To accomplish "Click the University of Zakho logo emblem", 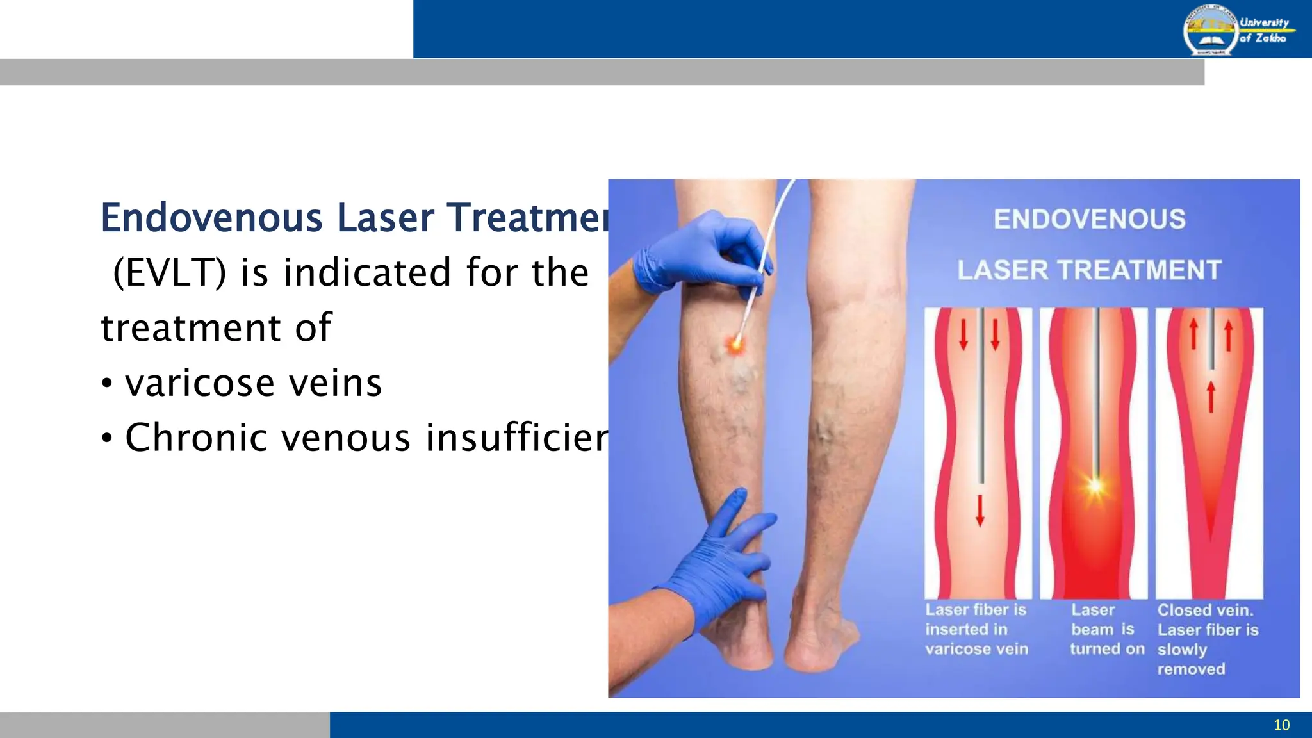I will click(1209, 31).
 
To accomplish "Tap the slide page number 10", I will click(1281, 725).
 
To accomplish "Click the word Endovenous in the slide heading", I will click(211, 218).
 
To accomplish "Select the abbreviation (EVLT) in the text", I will click(169, 273).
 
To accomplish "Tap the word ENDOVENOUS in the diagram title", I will click(1089, 220).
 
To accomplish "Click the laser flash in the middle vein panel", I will click(1095, 485).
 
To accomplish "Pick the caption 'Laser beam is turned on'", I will click(1106, 630).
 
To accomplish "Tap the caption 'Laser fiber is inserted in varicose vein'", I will click(976, 630).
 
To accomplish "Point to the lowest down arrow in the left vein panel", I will click(980, 511).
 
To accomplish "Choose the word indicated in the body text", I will click(367, 273).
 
